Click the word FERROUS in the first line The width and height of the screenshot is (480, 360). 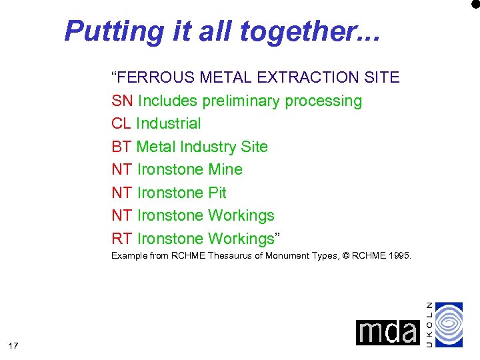point(157,77)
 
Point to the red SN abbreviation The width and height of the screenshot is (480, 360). point(122,101)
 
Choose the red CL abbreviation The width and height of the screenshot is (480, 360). point(121,123)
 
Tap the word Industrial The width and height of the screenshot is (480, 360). point(168,123)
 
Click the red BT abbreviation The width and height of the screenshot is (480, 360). point(121,147)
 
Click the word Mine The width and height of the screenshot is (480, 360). point(225,169)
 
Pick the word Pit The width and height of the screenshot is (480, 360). point(217,193)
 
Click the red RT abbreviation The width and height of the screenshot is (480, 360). point(122,239)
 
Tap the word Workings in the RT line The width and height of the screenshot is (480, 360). point(241,239)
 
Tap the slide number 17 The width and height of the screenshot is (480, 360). point(13,345)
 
